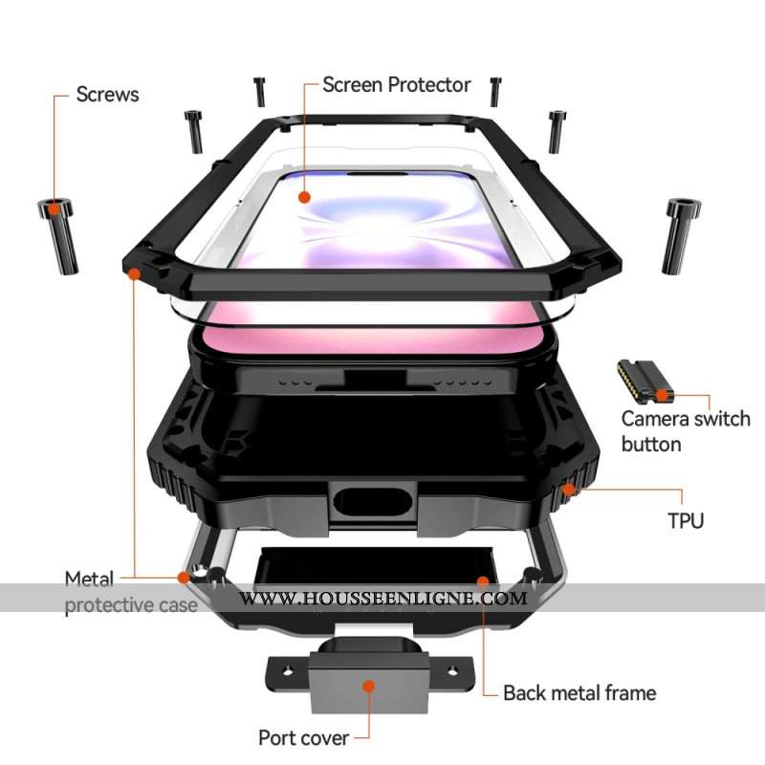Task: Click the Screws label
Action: coord(107,94)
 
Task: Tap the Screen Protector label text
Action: coord(396,84)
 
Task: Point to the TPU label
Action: coord(686,520)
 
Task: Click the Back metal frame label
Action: coord(579,692)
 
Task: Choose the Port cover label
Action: coord(302,737)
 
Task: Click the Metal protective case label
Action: coord(131,592)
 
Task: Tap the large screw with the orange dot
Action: coord(57,231)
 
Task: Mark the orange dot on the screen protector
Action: coord(304,198)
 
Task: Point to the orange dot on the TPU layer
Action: coord(571,491)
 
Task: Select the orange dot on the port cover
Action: coord(369,686)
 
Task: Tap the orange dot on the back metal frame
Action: coord(483,579)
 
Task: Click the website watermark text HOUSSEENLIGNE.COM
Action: coord(382,599)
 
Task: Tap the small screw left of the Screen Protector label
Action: coord(259,92)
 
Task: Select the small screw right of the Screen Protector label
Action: coord(495,91)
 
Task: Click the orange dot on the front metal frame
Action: coord(135,273)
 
